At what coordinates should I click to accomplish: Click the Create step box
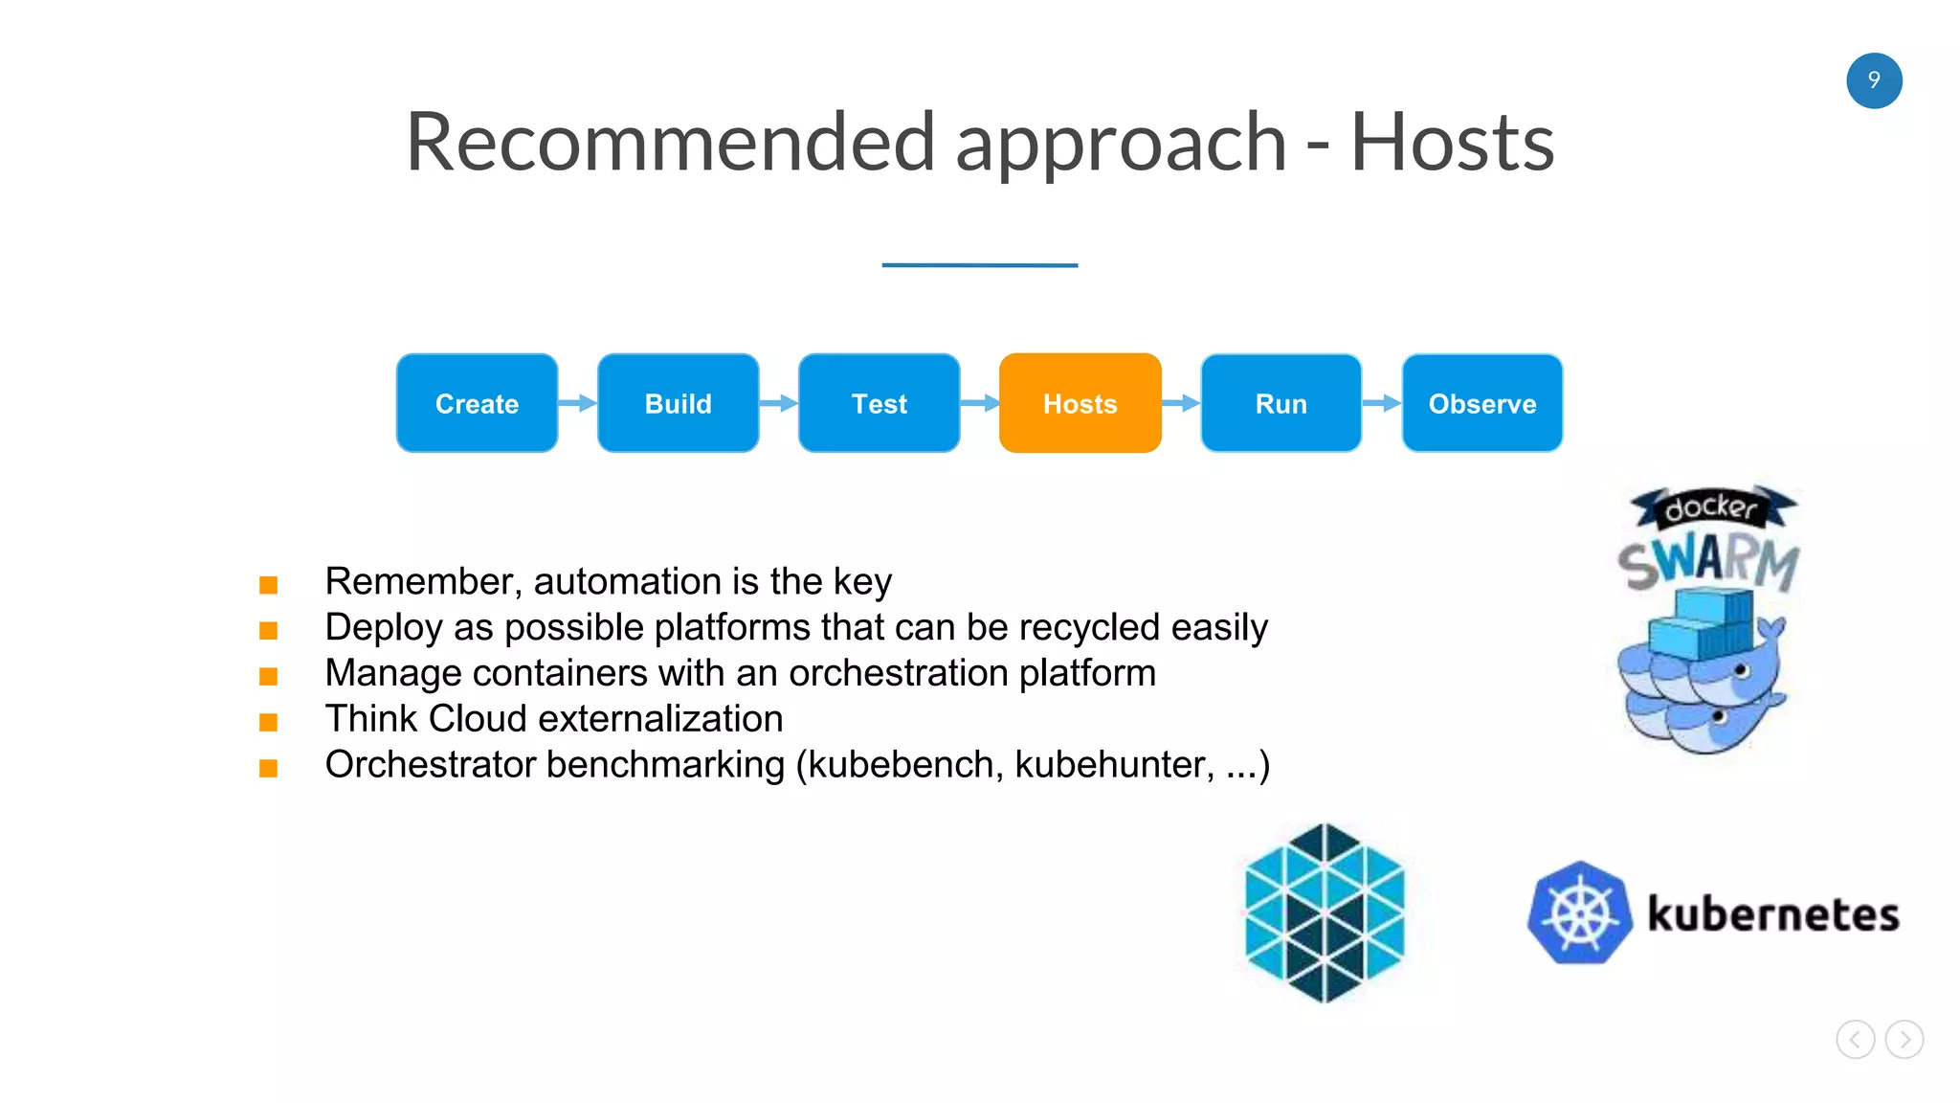tap(477, 403)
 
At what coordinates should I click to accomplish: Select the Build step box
tap(678, 403)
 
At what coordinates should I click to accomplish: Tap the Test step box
tap(879, 403)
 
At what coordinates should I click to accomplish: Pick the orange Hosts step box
tap(1080, 403)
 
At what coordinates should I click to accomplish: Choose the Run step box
tap(1281, 403)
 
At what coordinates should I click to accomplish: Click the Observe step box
tap(1481, 403)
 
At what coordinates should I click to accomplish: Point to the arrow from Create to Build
tap(577, 403)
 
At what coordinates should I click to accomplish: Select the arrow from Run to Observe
tap(1381, 403)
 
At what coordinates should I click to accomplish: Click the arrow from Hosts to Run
tap(1180, 403)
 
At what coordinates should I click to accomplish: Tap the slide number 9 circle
tap(1874, 80)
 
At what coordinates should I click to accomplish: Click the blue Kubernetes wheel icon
tap(1580, 912)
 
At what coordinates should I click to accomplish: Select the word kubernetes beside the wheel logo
tap(1772, 914)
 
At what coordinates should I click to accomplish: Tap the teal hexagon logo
tap(1325, 912)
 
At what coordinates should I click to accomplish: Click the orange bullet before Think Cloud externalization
tap(269, 722)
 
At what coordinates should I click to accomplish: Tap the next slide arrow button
tap(1904, 1039)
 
